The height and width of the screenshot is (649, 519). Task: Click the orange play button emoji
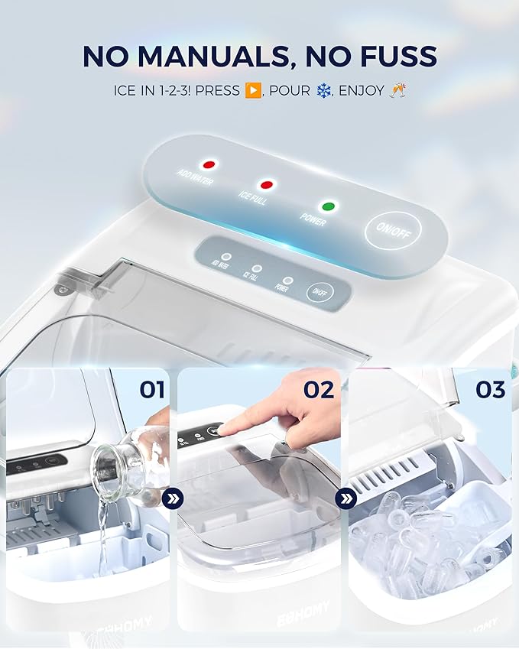pyautogui.click(x=253, y=90)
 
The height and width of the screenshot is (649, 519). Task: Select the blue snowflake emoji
pyautogui.click(x=325, y=90)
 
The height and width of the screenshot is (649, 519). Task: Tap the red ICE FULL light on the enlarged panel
pyautogui.click(x=267, y=184)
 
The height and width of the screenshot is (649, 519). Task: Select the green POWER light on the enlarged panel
pyautogui.click(x=329, y=206)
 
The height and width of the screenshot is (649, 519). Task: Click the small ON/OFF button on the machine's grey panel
pyautogui.click(x=317, y=292)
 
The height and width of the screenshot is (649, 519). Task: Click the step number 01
pyautogui.click(x=152, y=390)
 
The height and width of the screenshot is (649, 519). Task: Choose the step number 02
pyautogui.click(x=319, y=390)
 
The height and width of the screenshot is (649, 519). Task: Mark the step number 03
pyautogui.click(x=490, y=390)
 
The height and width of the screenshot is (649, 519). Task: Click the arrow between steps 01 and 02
pyautogui.click(x=173, y=499)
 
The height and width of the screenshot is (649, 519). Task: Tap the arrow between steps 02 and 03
pyautogui.click(x=346, y=499)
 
